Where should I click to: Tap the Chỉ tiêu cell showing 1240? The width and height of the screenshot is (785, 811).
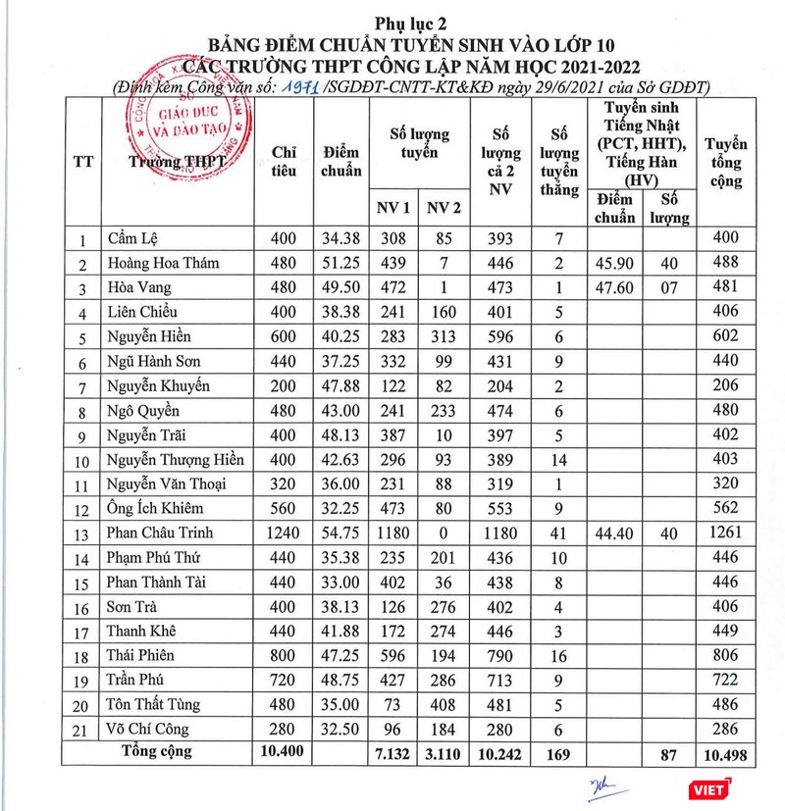pos(284,533)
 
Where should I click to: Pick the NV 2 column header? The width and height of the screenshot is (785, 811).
pos(444,207)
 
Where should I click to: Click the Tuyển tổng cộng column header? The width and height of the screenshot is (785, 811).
pos(727,162)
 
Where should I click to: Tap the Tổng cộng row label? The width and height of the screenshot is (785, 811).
pos(156,752)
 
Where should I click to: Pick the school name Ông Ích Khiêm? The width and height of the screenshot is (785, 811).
pos(151,509)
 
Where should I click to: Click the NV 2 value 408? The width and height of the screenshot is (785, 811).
pos(444,705)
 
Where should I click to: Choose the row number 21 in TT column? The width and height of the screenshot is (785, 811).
pos(82,730)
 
